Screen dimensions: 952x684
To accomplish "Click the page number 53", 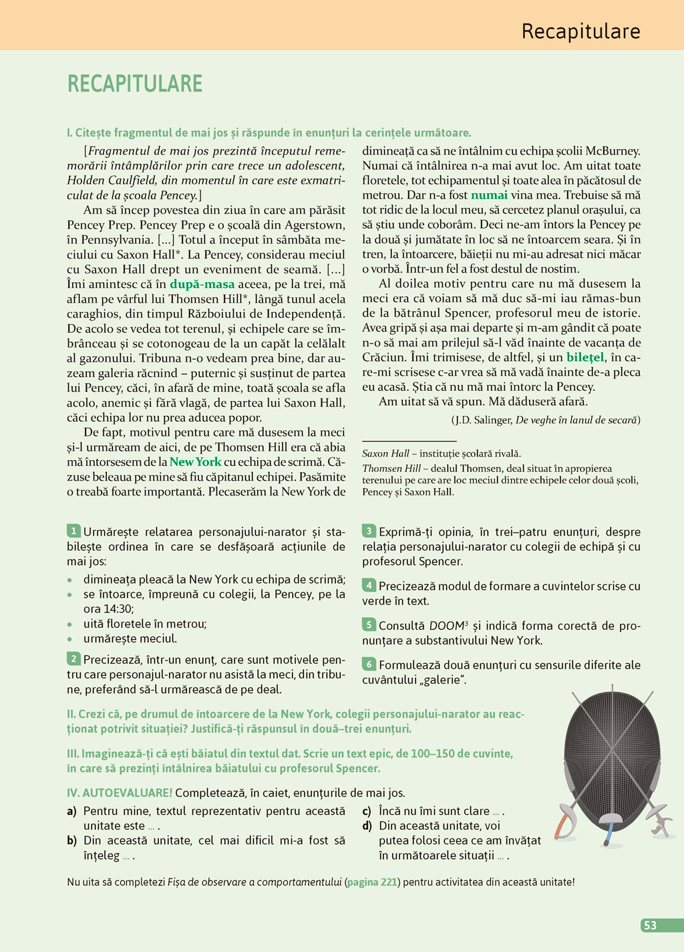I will [x=650, y=925].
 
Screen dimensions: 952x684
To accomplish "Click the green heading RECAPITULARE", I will [x=135, y=84].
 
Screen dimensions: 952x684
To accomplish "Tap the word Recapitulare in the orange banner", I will [x=580, y=31].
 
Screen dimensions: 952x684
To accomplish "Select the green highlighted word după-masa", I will [x=202, y=284].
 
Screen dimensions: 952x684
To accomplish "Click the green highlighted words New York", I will [x=195, y=462].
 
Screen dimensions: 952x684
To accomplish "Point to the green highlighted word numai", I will [x=489, y=195].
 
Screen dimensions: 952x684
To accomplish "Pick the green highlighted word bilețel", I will [x=585, y=358].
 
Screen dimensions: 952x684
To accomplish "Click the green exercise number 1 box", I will [x=73, y=531].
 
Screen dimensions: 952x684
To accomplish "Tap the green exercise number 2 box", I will [x=73, y=659].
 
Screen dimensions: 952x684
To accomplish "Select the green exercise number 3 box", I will [x=369, y=531].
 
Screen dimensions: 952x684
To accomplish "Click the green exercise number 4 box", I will [x=369, y=586].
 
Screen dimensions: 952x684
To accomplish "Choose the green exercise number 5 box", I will [x=369, y=625].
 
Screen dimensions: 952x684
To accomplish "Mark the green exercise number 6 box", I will [x=369, y=665].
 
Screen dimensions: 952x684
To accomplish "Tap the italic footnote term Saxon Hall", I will [x=385, y=453].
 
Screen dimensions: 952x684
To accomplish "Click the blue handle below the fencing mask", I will [x=609, y=835].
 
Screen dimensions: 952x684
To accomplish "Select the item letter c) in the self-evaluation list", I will [x=367, y=811].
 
